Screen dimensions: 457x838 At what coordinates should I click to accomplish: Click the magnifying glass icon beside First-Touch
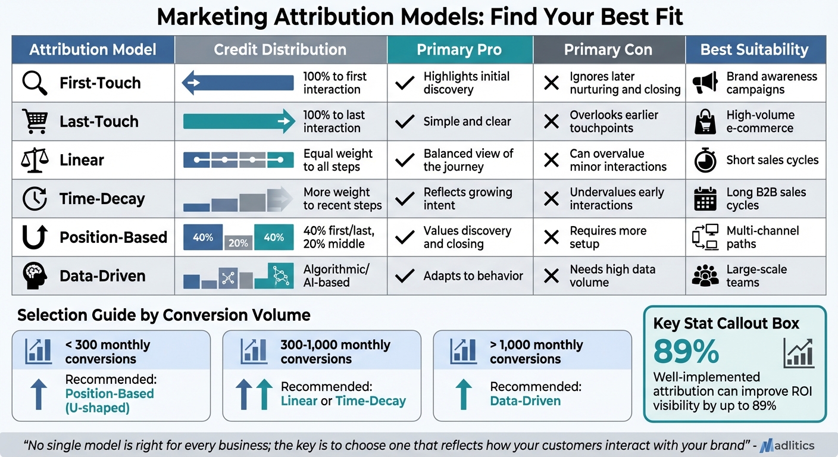click(35, 83)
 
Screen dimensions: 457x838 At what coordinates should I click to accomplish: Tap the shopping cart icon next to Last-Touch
click(35, 121)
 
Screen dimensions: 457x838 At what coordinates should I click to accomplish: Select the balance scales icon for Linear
click(35, 159)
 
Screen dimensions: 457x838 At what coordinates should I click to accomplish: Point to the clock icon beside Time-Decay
click(35, 199)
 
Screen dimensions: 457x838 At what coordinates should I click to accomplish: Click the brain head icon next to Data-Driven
click(35, 276)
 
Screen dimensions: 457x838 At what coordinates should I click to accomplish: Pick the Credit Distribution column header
click(280, 49)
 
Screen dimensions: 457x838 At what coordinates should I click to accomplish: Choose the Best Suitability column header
click(755, 49)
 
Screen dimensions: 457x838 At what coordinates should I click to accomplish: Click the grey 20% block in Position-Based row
click(238, 243)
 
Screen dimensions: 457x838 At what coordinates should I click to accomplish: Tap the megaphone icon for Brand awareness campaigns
click(705, 83)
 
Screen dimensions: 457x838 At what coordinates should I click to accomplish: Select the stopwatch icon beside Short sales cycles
click(705, 159)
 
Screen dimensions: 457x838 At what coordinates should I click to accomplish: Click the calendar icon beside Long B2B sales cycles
click(705, 199)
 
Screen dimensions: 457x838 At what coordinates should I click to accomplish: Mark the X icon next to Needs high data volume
click(552, 276)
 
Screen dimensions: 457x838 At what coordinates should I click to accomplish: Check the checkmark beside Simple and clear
click(405, 121)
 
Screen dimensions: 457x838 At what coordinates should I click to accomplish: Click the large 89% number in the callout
click(686, 352)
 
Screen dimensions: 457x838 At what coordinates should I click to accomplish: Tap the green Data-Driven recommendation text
click(525, 401)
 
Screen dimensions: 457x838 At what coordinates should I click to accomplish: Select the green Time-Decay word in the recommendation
click(370, 401)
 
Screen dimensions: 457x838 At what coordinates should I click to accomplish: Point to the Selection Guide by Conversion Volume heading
click(164, 315)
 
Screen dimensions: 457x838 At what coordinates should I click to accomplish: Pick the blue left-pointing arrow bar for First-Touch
click(238, 83)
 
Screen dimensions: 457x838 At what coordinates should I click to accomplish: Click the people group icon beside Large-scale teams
click(705, 276)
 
